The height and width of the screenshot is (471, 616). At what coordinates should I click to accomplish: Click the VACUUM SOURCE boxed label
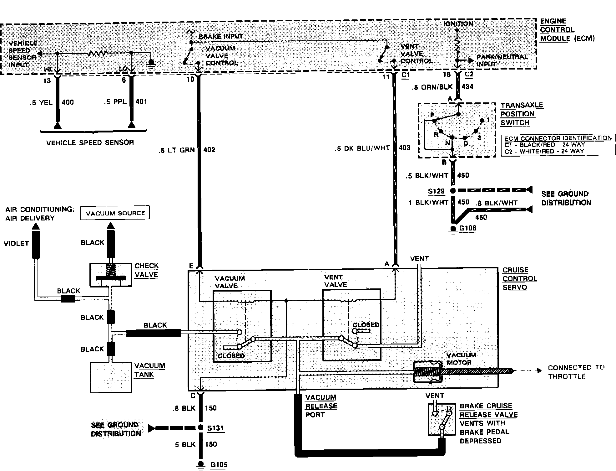pos(115,213)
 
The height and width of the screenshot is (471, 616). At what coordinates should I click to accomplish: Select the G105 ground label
pos(219,464)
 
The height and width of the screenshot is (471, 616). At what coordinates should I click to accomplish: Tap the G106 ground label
pos(467,228)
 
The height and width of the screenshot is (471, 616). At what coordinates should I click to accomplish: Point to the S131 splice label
pos(215,428)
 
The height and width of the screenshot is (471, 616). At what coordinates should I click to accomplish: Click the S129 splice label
pos(436,191)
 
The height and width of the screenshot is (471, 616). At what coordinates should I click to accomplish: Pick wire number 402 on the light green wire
pos(209,150)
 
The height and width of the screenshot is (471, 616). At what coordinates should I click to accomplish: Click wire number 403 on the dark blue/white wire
pos(404,148)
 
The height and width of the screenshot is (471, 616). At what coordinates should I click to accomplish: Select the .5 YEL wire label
pos(41,102)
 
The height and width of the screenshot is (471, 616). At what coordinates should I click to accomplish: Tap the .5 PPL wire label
pos(115,102)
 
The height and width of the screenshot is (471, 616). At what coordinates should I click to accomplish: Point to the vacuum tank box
pos(111,377)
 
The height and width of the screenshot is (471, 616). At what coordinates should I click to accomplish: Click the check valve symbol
pos(111,275)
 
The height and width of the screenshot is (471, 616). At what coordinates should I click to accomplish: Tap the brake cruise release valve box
pos(441,419)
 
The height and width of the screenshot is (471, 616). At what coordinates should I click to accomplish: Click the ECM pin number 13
pos(47,81)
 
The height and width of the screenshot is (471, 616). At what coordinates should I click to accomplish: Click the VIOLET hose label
pos(16,243)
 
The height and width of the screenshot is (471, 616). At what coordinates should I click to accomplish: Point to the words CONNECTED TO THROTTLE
pos(576,372)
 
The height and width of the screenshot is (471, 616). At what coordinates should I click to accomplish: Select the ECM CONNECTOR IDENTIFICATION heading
pos(558,138)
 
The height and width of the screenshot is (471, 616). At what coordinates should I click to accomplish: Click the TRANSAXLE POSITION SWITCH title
pos(522,114)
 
